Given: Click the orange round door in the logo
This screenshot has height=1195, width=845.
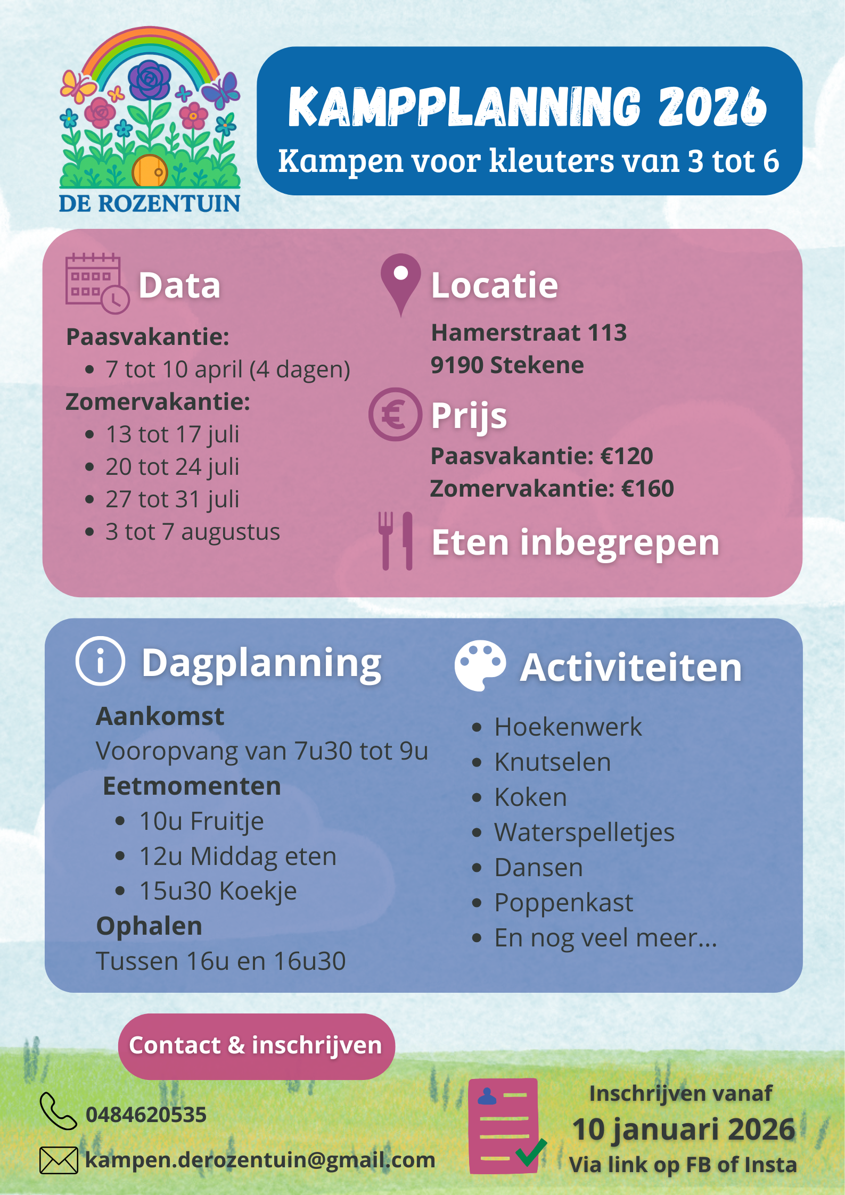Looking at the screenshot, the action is (149, 170).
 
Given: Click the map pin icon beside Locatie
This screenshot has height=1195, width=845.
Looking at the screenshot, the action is (400, 282).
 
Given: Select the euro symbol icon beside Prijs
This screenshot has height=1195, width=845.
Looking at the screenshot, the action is (395, 414).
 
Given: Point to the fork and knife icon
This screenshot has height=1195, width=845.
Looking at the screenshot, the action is (395, 541).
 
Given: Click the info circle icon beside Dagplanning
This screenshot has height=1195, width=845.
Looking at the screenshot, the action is (100, 661).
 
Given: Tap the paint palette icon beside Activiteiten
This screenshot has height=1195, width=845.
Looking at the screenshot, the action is (479, 665).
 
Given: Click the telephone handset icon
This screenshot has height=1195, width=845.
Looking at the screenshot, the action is (58, 1111).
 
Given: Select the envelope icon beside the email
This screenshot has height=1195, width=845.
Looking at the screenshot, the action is (59, 1160).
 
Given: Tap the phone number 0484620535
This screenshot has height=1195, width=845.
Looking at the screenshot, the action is (146, 1115).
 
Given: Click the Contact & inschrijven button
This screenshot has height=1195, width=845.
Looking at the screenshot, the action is (256, 1046).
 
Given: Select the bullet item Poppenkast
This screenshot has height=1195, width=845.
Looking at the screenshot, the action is (563, 903).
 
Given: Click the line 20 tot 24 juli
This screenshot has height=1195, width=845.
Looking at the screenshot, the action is (172, 467).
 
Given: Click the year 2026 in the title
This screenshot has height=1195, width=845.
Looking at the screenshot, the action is (712, 107).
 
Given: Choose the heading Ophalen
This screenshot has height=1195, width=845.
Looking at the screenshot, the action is (149, 926).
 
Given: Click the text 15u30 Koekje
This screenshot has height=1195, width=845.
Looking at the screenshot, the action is (218, 891).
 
